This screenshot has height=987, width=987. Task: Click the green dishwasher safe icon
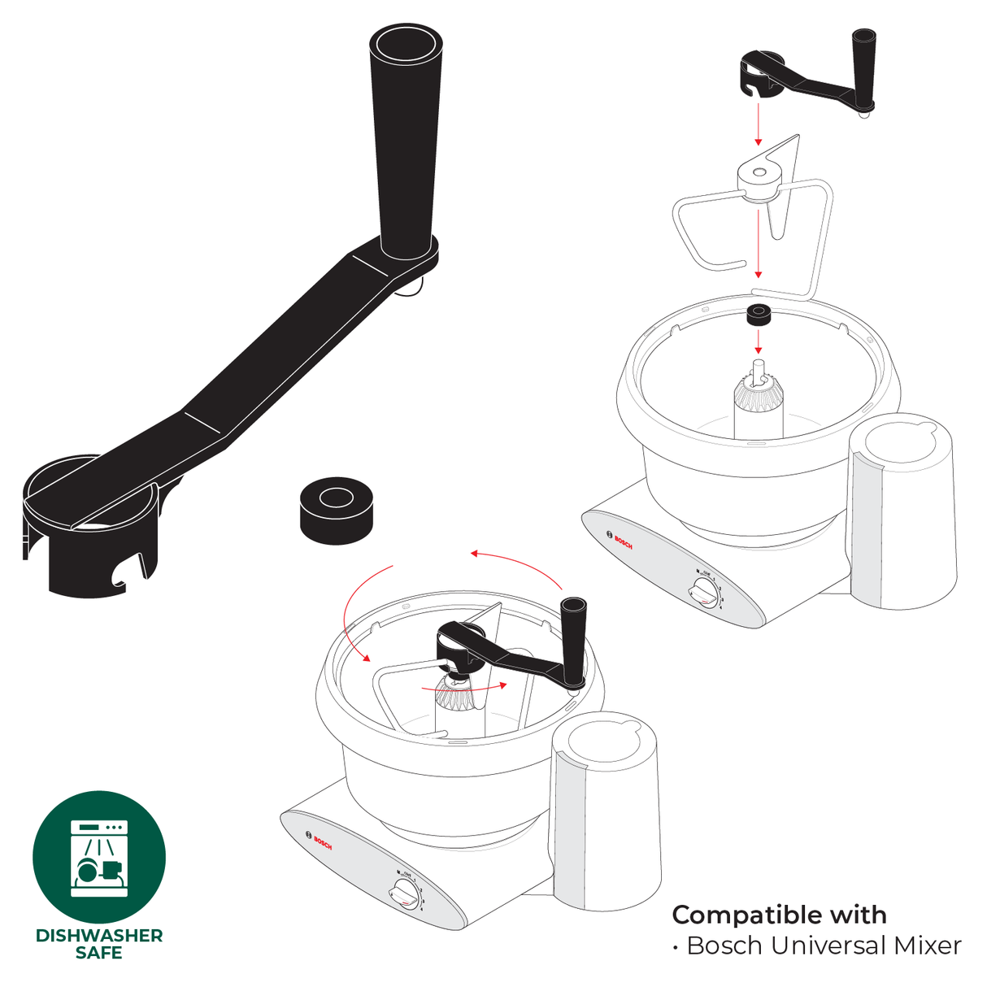[x=99, y=857]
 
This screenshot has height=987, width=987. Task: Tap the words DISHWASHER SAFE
[x=99, y=944]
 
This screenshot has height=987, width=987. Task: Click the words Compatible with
[x=779, y=915]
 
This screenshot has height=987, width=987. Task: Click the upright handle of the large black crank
[x=406, y=138]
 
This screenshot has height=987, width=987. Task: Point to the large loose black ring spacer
[x=336, y=511]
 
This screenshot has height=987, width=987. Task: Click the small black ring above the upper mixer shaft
[x=759, y=314]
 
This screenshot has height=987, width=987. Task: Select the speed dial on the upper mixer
[x=705, y=593]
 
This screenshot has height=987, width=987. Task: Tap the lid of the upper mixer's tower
[x=902, y=447]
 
